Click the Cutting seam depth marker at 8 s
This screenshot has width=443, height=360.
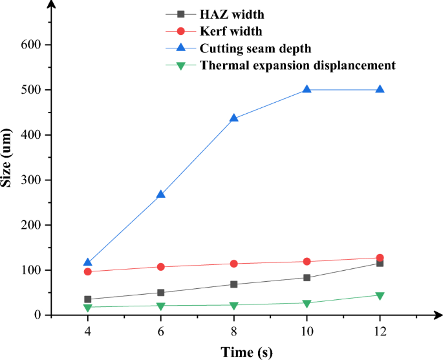[234, 118]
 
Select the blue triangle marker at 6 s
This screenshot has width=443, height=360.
[161, 194]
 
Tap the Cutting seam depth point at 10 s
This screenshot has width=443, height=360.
[307, 90]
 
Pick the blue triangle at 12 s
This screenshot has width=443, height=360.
[380, 90]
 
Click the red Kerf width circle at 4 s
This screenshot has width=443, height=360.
[88, 271]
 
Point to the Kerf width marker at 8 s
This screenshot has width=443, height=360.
[234, 264]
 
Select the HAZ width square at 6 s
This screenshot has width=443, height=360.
[161, 293]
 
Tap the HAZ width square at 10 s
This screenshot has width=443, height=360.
[307, 278]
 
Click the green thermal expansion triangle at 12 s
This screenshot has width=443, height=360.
[380, 295]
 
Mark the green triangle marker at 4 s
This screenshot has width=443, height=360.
[88, 308]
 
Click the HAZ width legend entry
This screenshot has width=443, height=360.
[232, 14]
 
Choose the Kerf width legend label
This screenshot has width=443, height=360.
[231, 30]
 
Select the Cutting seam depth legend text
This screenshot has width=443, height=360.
[255, 48]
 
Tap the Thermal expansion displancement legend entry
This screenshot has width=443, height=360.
[297, 65]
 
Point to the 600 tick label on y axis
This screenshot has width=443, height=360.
[34, 45]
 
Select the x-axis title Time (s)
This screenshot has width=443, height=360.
[246, 351]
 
